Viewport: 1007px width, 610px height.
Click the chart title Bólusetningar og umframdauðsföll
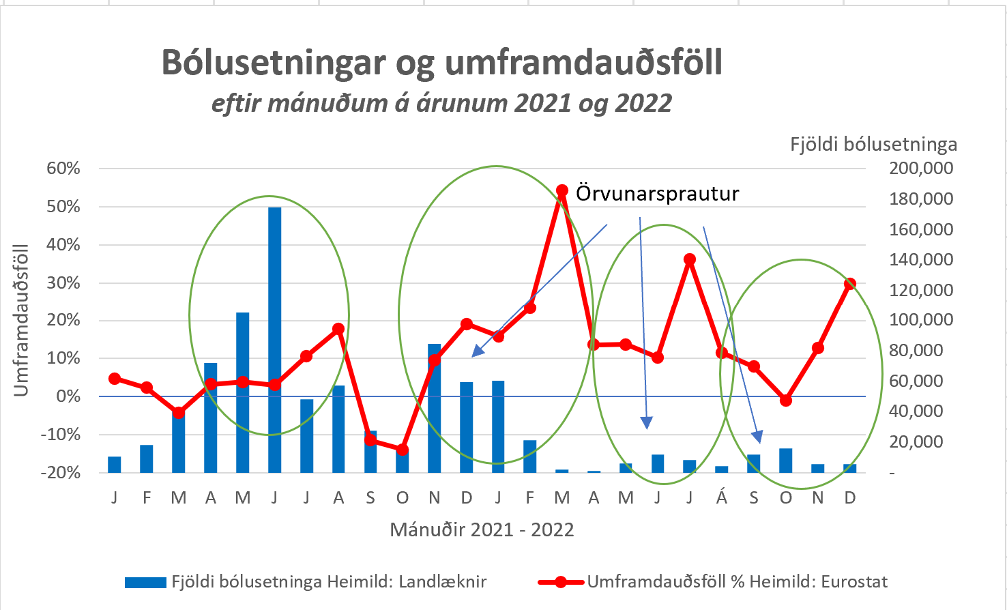(x=441, y=63)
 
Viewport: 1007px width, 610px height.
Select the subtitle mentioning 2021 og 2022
(x=441, y=104)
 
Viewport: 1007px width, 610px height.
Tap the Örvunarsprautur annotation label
(x=657, y=194)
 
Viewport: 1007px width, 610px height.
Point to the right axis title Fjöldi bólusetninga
(x=873, y=145)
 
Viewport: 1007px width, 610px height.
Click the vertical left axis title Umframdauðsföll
(x=22, y=319)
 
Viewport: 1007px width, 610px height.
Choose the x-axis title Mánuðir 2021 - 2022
(x=482, y=530)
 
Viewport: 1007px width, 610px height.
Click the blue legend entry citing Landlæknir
(x=306, y=582)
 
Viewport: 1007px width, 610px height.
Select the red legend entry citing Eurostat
(x=713, y=582)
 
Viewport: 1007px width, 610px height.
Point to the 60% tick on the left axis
(x=63, y=169)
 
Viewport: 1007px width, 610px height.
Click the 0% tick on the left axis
(x=68, y=396)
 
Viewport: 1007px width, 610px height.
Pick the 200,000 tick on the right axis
(x=921, y=169)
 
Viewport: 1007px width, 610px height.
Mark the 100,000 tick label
(x=921, y=320)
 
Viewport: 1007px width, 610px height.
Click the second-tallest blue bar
(x=242, y=392)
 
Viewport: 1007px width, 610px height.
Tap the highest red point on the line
(x=562, y=190)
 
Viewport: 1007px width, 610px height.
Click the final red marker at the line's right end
(x=849, y=284)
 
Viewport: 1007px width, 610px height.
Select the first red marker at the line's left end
(x=115, y=379)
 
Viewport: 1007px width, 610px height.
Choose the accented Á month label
(x=721, y=498)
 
